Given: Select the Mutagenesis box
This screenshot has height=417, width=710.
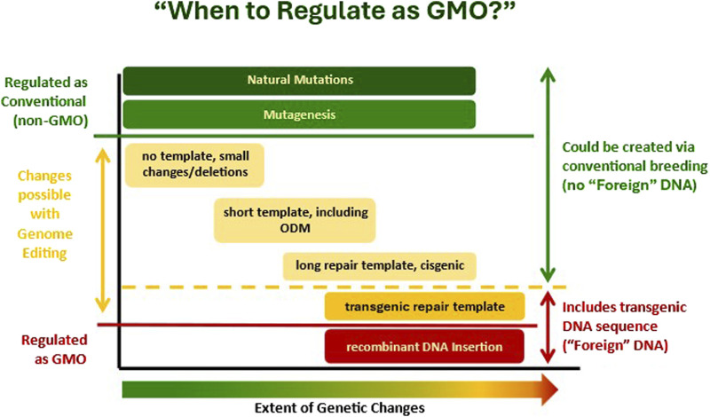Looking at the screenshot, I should [300, 114].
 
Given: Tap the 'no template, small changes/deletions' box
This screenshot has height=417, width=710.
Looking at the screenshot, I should [195, 164].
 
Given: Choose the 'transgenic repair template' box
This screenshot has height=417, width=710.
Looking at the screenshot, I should [426, 306].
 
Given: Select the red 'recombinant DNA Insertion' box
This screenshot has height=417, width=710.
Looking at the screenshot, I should [426, 346].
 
